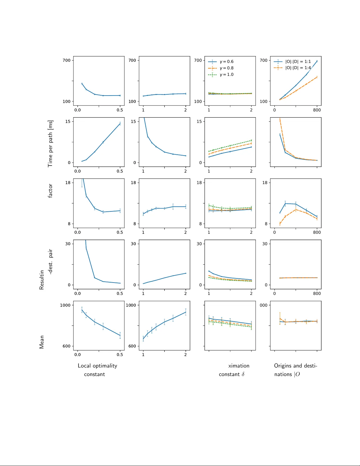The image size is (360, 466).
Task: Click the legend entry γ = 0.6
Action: tap(226, 61)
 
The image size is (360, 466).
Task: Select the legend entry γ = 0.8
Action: tap(226, 68)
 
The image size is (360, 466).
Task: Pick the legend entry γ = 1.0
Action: tap(226, 74)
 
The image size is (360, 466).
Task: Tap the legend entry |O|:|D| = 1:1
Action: tap(298, 61)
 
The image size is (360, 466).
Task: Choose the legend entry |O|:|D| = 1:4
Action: tap(298, 68)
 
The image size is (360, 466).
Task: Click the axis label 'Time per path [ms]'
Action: tap(50, 143)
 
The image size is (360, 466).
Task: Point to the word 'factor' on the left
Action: tap(50, 191)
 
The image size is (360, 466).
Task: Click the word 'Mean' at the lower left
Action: tap(42, 342)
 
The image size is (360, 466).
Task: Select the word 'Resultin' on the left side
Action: tap(42, 280)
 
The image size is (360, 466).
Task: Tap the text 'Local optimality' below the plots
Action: tap(97, 366)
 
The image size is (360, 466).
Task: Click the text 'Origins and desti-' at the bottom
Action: tap(295, 366)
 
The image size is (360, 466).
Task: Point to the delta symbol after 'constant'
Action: tap(243, 374)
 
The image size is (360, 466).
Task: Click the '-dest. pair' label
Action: tap(51, 262)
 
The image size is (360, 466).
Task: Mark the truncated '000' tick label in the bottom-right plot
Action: tap(264, 305)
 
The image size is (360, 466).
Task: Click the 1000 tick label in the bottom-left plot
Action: tap(65, 305)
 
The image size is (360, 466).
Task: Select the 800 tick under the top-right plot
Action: tap(317, 110)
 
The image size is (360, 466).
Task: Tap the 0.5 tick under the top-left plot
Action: tap(120, 110)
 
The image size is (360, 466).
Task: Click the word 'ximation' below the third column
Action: tap(239, 366)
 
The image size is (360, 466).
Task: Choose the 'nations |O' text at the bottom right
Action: tap(287, 374)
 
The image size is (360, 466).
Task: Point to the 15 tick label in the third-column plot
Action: tap(199, 121)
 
